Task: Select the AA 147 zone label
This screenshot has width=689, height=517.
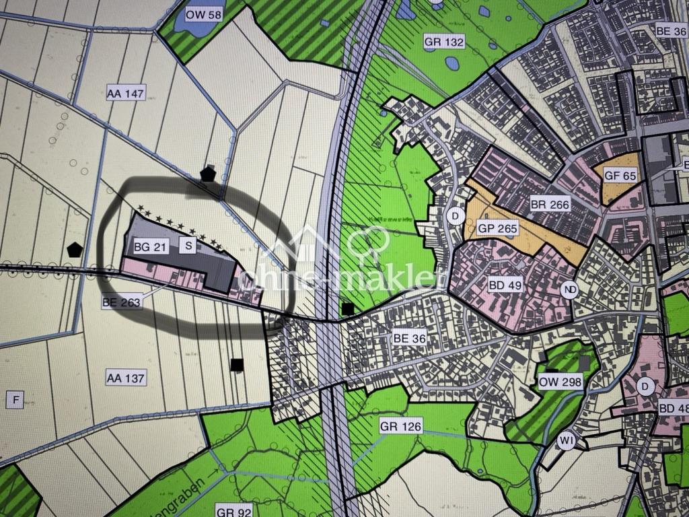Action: click(126, 94)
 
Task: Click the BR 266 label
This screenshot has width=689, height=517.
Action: click(550, 205)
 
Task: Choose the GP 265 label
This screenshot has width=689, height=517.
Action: click(498, 228)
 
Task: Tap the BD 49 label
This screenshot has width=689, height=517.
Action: click(505, 285)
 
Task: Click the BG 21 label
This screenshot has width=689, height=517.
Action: click(150, 247)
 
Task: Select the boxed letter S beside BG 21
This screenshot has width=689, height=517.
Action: click(189, 246)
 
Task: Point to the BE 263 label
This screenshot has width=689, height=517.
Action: click(122, 302)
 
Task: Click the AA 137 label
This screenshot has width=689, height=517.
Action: click(126, 378)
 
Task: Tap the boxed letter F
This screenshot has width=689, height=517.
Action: click(15, 400)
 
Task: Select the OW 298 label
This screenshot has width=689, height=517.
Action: click(560, 383)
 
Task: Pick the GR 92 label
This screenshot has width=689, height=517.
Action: click(235, 512)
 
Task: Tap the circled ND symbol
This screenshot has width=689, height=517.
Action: click(570, 289)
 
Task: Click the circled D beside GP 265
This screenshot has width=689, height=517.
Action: click(456, 217)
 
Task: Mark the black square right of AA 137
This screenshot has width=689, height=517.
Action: click(236, 365)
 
